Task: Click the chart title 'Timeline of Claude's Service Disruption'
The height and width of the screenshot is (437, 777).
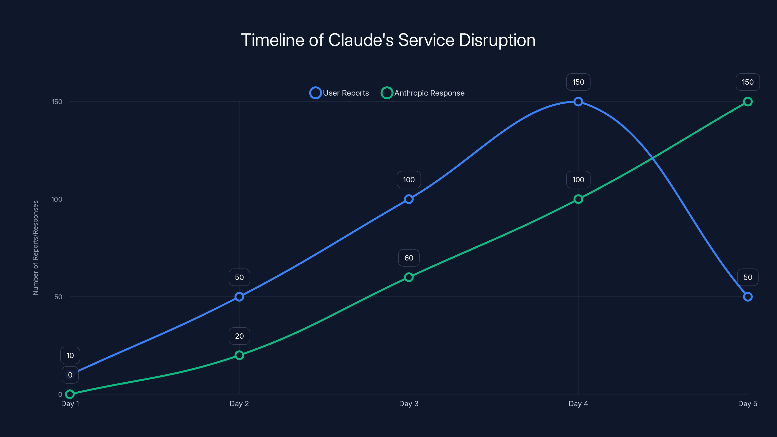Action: click(388, 40)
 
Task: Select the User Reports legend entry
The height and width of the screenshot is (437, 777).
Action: click(339, 93)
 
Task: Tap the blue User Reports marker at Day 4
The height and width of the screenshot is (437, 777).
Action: click(578, 102)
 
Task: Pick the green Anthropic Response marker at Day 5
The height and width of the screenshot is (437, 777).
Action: click(747, 102)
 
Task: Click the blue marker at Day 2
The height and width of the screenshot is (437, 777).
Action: click(239, 297)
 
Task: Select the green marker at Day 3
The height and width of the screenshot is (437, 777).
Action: click(409, 277)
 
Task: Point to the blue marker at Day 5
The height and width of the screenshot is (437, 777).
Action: click(747, 297)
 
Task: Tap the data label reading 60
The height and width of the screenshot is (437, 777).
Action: click(409, 258)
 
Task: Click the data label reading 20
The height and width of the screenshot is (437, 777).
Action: click(239, 336)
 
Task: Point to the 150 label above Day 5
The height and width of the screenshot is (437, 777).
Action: click(747, 82)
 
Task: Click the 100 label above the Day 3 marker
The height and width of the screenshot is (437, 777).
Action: click(409, 180)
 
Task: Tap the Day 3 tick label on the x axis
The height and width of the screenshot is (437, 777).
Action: click(409, 403)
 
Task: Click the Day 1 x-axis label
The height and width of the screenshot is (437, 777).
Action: click(70, 403)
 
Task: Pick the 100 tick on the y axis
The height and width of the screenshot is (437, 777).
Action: click(57, 199)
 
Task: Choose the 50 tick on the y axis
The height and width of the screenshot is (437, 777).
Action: click(58, 297)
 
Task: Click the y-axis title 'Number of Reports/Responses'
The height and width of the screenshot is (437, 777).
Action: click(36, 248)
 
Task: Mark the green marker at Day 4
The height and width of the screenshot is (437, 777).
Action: click(578, 199)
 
